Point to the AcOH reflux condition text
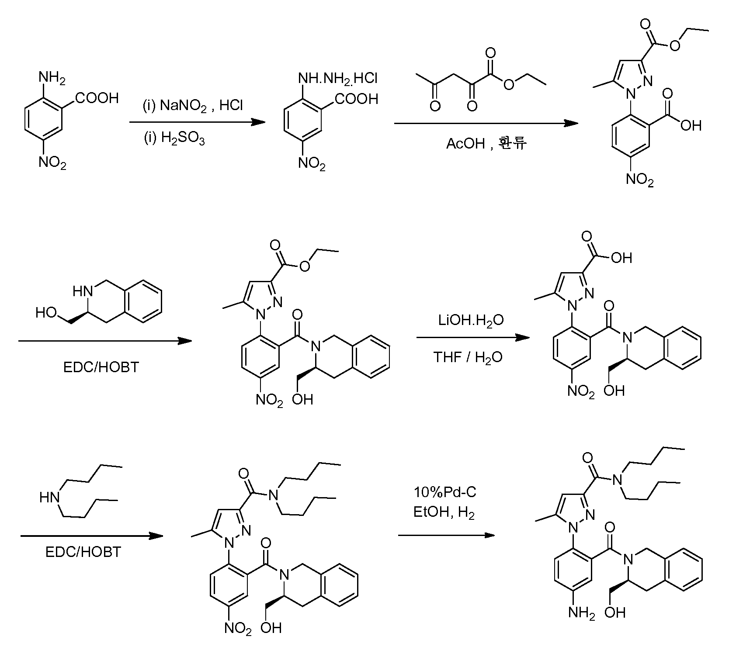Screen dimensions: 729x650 tap(486, 143)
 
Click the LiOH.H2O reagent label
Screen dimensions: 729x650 tap(471, 320)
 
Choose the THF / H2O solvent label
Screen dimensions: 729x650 tap(468, 357)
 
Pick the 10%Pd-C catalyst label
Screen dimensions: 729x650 tap(445, 492)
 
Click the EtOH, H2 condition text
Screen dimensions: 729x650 tap(444, 512)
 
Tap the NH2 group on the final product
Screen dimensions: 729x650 tap(581, 613)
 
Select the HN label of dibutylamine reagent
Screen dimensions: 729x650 tap(49, 498)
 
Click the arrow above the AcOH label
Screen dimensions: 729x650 tap(486, 124)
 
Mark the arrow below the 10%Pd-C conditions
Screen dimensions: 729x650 tap(446, 535)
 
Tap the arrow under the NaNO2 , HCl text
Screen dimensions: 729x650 tap(198, 122)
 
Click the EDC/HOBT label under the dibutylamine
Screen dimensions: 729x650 tap(83, 552)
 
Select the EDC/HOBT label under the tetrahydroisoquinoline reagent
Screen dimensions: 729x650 tap(101, 367)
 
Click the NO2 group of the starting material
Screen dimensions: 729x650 tap(52, 163)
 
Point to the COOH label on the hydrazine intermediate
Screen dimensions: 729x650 tap(357, 99)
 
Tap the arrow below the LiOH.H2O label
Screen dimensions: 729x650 tap(472, 338)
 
